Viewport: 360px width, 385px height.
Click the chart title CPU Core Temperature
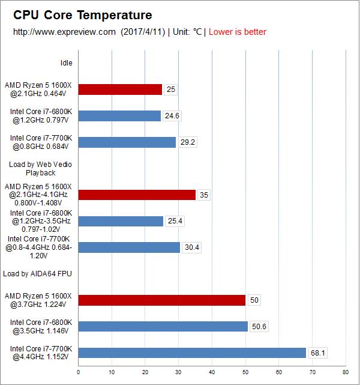(83, 15)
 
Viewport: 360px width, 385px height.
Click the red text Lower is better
(237, 32)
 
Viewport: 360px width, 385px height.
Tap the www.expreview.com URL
(64, 32)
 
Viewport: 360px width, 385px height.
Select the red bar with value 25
(120, 89)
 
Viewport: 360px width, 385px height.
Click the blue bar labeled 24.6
(119, 116)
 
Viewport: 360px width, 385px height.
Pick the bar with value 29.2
(127, 142)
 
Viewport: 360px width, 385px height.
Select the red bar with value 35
(137, 195)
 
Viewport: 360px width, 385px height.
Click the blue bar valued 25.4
(121, 221)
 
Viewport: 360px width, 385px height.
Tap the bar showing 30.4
(129, 247)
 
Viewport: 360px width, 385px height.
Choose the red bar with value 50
(162, 300)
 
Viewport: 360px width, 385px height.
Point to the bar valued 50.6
(163, 326)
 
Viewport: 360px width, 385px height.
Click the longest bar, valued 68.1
(192, 353)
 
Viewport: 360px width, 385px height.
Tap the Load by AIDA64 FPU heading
(37, 273)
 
